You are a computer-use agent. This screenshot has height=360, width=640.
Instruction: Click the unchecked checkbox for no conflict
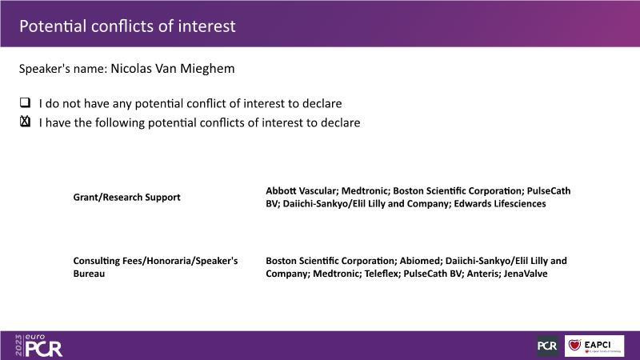pyautogui.click(x=26, y=102)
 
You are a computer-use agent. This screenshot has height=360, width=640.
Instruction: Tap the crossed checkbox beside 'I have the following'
pyautogui.click(x=26, y=122)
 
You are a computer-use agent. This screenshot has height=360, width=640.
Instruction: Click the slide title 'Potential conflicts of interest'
pyautogui.click(x=127, y=26)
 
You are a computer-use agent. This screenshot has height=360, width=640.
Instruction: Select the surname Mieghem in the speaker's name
pyautogui.click(x=207, y=69)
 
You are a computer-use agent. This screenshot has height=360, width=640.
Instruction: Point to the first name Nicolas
pyautogui.click(x=131, y=68)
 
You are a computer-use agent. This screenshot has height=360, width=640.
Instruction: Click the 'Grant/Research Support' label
pyautogui.click(x=126, y=197)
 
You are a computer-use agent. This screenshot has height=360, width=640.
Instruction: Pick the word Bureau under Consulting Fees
pyautogui.click(x=89, y=274)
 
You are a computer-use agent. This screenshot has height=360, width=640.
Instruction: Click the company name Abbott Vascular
pyautogui.click(x=302, y=190)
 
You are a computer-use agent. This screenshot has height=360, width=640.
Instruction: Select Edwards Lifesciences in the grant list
pyautogui.click(x=499, y=204)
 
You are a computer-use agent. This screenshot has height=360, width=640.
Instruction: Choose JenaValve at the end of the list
pyautogui.click(x=526, y=274)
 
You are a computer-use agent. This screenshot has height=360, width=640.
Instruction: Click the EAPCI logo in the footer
pyautogui.click(x=594, y=346)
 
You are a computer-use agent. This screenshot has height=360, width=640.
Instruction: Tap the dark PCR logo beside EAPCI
pyautogui.click(x=547, y=346)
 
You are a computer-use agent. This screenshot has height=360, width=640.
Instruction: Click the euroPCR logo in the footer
pyautogui.click(x=38, y=346)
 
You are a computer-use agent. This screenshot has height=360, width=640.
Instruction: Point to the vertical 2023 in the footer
pyautogui.click(x=18, y=346)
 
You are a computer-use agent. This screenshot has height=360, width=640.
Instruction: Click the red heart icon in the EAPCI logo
pyautogui.click(x=574, y=345)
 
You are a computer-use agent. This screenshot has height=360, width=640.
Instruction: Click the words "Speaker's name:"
pyautogui.click(x=63, y=69)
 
